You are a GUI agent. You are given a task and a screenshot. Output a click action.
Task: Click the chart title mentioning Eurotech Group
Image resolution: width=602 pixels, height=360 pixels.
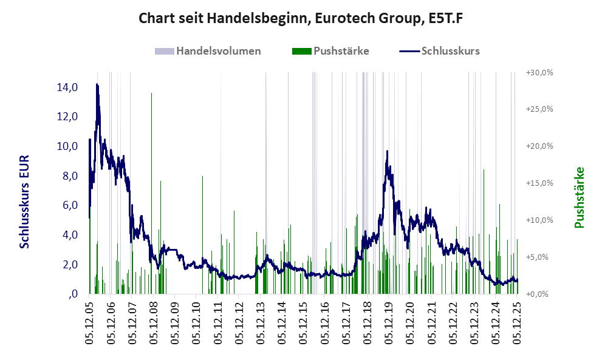301,18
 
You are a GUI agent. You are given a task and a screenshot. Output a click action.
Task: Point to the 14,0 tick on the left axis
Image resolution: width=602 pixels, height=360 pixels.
67,87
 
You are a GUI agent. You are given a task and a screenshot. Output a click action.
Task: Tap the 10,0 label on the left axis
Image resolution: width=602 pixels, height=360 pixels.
67,146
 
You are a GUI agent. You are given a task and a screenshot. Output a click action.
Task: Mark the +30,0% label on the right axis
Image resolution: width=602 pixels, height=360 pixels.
539,72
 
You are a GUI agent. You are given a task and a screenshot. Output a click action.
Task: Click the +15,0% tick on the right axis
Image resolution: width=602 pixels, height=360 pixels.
539,183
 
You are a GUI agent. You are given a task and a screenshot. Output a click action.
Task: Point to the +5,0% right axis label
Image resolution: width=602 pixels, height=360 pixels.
539,257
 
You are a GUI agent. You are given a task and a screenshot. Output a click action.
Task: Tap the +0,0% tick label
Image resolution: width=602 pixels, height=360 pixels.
539,294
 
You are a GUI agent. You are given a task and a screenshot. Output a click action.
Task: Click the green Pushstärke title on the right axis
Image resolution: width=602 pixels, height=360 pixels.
578,198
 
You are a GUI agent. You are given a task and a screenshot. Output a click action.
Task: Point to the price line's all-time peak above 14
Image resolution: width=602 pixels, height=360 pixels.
97,85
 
